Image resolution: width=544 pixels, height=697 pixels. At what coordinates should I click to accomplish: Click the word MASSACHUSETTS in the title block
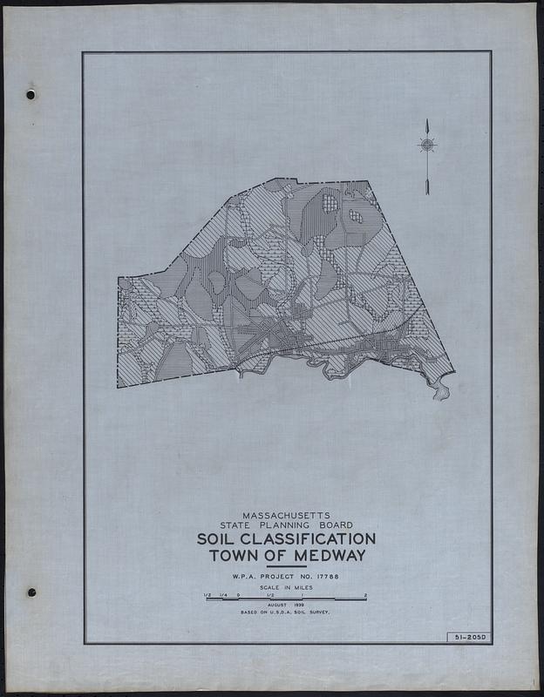coord(287,514)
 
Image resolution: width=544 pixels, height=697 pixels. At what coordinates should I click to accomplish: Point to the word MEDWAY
coord(329,556)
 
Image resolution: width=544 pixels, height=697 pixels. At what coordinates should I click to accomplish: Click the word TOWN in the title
coord(236,556)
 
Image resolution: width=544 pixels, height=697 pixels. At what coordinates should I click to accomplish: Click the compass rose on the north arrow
coord(427,145)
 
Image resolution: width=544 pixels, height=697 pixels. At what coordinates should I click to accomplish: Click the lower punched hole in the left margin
coord(31,592)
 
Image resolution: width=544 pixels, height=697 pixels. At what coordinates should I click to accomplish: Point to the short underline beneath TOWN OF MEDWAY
coord(286,566)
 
